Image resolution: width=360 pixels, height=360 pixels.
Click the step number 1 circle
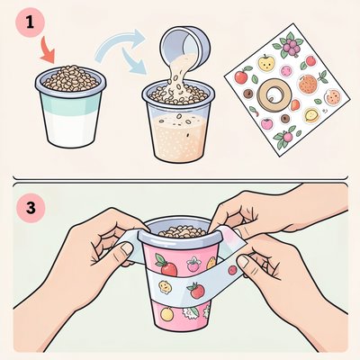click(x=30, y=22)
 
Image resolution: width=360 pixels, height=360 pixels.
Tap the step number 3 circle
click(x=31, y=208)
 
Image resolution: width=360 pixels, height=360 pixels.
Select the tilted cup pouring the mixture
click(x=186, y=41)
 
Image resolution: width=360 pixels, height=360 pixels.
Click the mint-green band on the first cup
click(x=71, y=103)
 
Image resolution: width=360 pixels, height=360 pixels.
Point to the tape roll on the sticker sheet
click(x=274, y=94)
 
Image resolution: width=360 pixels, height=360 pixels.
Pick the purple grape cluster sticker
click(x=289, y=46)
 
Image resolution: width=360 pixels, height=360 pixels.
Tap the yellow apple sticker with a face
click(x=266, y=62)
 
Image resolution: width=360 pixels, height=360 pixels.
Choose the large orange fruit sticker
click(x=308, y=85)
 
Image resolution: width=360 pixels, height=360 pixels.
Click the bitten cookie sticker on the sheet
click(x=333, y=97)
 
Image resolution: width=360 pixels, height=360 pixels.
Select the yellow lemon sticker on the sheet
click(x=311, y=115)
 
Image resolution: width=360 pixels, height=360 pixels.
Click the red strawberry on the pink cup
click(x=166, y=265)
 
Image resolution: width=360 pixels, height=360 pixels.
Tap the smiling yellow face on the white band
click(x=165, y=287)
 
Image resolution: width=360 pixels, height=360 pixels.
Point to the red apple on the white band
click(x=196, y=290)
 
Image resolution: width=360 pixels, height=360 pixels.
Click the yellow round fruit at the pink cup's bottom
click(x=166, y=314)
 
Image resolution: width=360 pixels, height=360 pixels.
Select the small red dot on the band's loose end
click(x=232, y=270)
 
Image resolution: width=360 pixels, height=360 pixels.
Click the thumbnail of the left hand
click(x=126, y=248)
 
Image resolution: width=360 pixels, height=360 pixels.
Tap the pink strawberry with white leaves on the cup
click(x=193, y=265)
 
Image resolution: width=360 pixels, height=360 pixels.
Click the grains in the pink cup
click(x=182, y=231)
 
